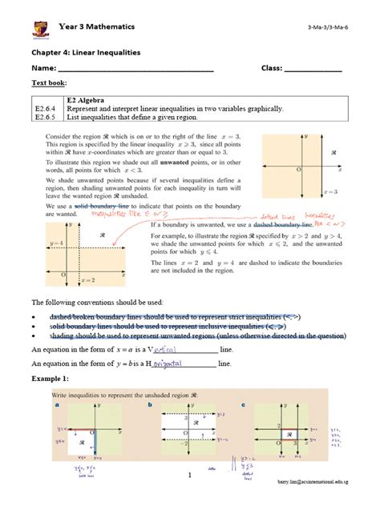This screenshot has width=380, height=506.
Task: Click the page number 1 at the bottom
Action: tap(190, 476)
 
